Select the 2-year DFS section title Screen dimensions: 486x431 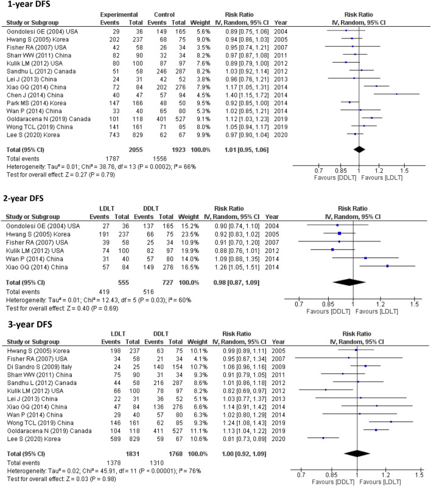coord(24,198)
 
